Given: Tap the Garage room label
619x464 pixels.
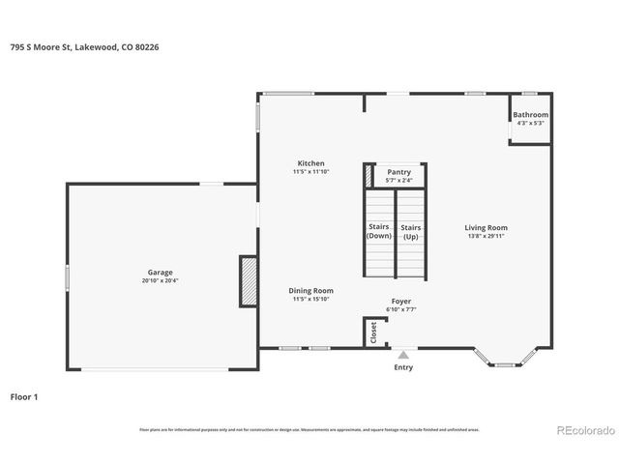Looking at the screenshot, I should point(160,273).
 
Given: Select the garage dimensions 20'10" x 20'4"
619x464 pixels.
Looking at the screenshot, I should point(160,281).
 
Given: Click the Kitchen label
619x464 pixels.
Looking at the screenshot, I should point(310,163).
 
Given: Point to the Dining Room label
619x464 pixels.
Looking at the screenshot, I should point(310,290).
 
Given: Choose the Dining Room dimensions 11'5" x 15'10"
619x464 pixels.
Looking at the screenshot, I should point(310,299).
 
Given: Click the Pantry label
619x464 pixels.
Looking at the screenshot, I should point(398,172).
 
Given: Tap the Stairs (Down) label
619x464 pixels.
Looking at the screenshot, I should point(379,232).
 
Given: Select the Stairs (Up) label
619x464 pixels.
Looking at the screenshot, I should point(410,232).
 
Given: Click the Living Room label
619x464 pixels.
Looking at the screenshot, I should point(486,227).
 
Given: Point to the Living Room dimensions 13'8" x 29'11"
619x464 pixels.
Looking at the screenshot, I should point(486,236).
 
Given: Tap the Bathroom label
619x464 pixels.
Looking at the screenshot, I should point(531,115).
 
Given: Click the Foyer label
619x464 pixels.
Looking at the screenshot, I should point(401,302).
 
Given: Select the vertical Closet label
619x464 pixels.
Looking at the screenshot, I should point(373,332).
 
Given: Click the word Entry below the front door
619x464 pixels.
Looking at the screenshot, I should point(403,366).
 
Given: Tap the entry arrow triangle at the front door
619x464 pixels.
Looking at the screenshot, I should point(403,353).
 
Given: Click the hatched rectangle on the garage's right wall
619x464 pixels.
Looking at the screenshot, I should point(249,281).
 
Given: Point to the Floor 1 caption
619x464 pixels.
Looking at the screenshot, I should point(24,396).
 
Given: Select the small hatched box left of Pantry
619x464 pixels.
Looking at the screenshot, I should point(368,177).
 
